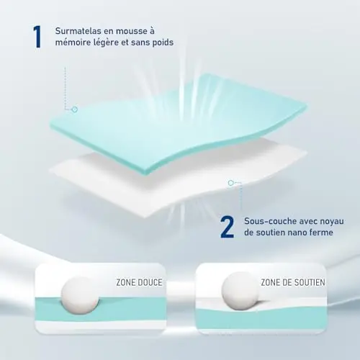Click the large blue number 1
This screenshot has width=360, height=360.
(37, 37)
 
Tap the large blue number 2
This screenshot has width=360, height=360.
(227, 227)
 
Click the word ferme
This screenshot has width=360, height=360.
(323, 232)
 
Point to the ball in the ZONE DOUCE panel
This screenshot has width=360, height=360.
(80, 295)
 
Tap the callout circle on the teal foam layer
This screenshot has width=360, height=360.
(75, 109)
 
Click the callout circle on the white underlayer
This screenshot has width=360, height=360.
(230, 183)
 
